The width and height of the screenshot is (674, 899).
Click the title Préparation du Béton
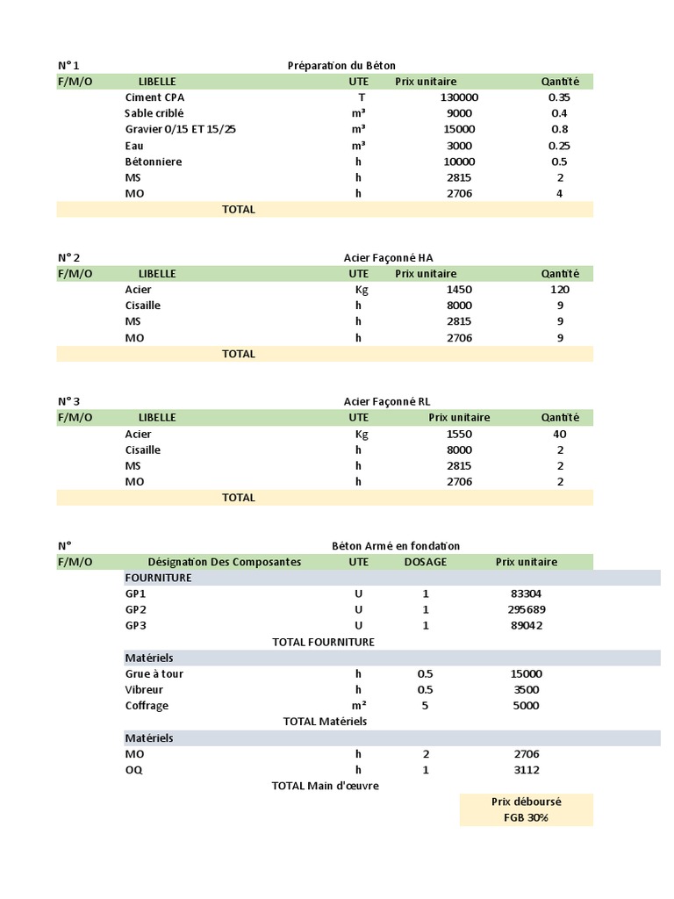pyautogui.click(x=341, y=66)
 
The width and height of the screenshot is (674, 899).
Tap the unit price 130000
pyautogui.click(x=459, y=97)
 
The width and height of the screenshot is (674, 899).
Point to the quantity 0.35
pyautogui.click(x=559, y=97)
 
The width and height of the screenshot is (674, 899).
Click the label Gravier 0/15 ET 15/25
pyautogui.click(x=180, y=129)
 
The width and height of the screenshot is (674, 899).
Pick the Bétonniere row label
pyautogui.click(x=154, y=162)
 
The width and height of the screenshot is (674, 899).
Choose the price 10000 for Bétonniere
pyautogui.click(x=459, y=162)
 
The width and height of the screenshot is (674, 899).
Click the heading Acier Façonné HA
pyautogui.click(x=388, y=257)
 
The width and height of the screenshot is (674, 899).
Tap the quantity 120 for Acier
pyautogui.click(x=559, y=289)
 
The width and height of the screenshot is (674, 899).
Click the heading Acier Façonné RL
pyautogui.click(x=387, y=401)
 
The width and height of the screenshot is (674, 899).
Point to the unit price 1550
pyautogui.click(x=459, y=434)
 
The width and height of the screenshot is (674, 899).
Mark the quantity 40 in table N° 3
pyautogui.click(x=559, y=434)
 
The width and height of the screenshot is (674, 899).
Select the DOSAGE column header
pyautogui.click(x=425, y=562)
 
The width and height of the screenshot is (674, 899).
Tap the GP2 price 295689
pyautogui.click(x=526, y=609)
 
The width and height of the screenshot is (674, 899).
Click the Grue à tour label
pyautogui.click(x=154, y=673)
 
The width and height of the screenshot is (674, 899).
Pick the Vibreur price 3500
pyautogui.click(x=526, y=690)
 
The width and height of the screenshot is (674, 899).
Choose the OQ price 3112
pyautogui.click(x=526, y=770)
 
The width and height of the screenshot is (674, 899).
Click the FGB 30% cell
pyautogui.click(x=526, y=818)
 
